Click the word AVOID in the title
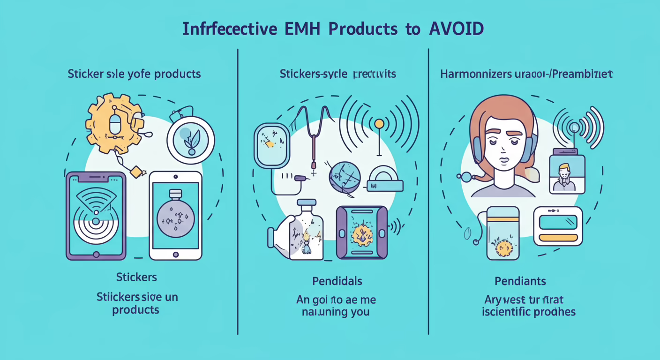click(456, 30)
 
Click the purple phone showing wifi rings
click(96, 216)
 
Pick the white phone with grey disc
click(175, 216)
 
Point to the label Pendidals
click(337, 281)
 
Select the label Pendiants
click(520, 281)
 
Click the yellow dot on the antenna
click(379, 124)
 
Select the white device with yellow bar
click(558, 226)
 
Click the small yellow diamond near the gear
click(136, 172)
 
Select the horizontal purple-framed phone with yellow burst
click(362, 232)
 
